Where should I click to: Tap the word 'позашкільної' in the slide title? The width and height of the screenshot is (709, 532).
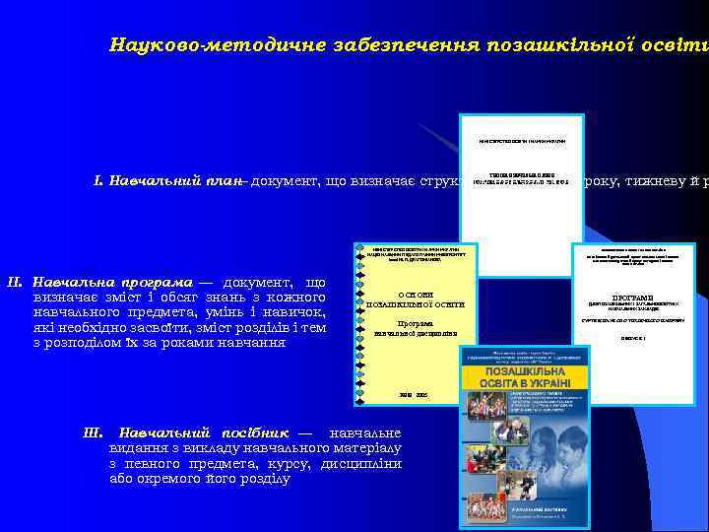[548, 45]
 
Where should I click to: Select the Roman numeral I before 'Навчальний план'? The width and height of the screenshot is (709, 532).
[97, 182]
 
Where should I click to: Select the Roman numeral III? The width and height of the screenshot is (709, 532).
[96, 432]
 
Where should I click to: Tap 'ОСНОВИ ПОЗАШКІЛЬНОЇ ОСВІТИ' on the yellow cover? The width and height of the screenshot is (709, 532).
[415, 299]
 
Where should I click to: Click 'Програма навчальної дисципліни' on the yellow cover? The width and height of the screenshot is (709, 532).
[415, 328]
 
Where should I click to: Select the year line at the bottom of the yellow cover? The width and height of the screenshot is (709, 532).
[415, 394]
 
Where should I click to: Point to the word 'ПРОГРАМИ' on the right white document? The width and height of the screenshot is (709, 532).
[631, 297]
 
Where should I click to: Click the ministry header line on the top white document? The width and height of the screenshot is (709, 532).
[522, 141]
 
